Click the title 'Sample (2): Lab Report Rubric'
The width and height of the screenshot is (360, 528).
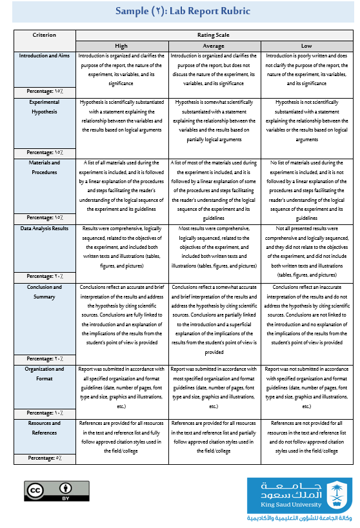(x=182, y=12)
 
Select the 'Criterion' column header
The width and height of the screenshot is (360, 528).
(x=44, y=35)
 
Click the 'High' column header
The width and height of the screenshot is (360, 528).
(x=121, y=46)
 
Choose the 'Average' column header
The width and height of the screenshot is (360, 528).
(x=214, y=46)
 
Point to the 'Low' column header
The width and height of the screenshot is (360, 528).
(x=306, y=46)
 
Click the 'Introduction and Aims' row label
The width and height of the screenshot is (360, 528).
(x=44, y=56)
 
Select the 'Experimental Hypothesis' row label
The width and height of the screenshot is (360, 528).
(x=44, y=107)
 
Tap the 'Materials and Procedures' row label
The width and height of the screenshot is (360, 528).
(x=44, y=167)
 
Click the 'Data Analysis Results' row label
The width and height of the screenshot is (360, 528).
(x=44, y=228)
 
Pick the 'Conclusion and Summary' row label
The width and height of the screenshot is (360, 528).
(x=44, y=292)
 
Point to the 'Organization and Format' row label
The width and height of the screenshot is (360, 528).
(x=44, y=373)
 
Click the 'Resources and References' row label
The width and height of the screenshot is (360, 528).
(x=44, y=427)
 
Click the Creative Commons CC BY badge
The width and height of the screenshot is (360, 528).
(x=48, y=491)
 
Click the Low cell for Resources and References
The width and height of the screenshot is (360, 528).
(x=306, y=437)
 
